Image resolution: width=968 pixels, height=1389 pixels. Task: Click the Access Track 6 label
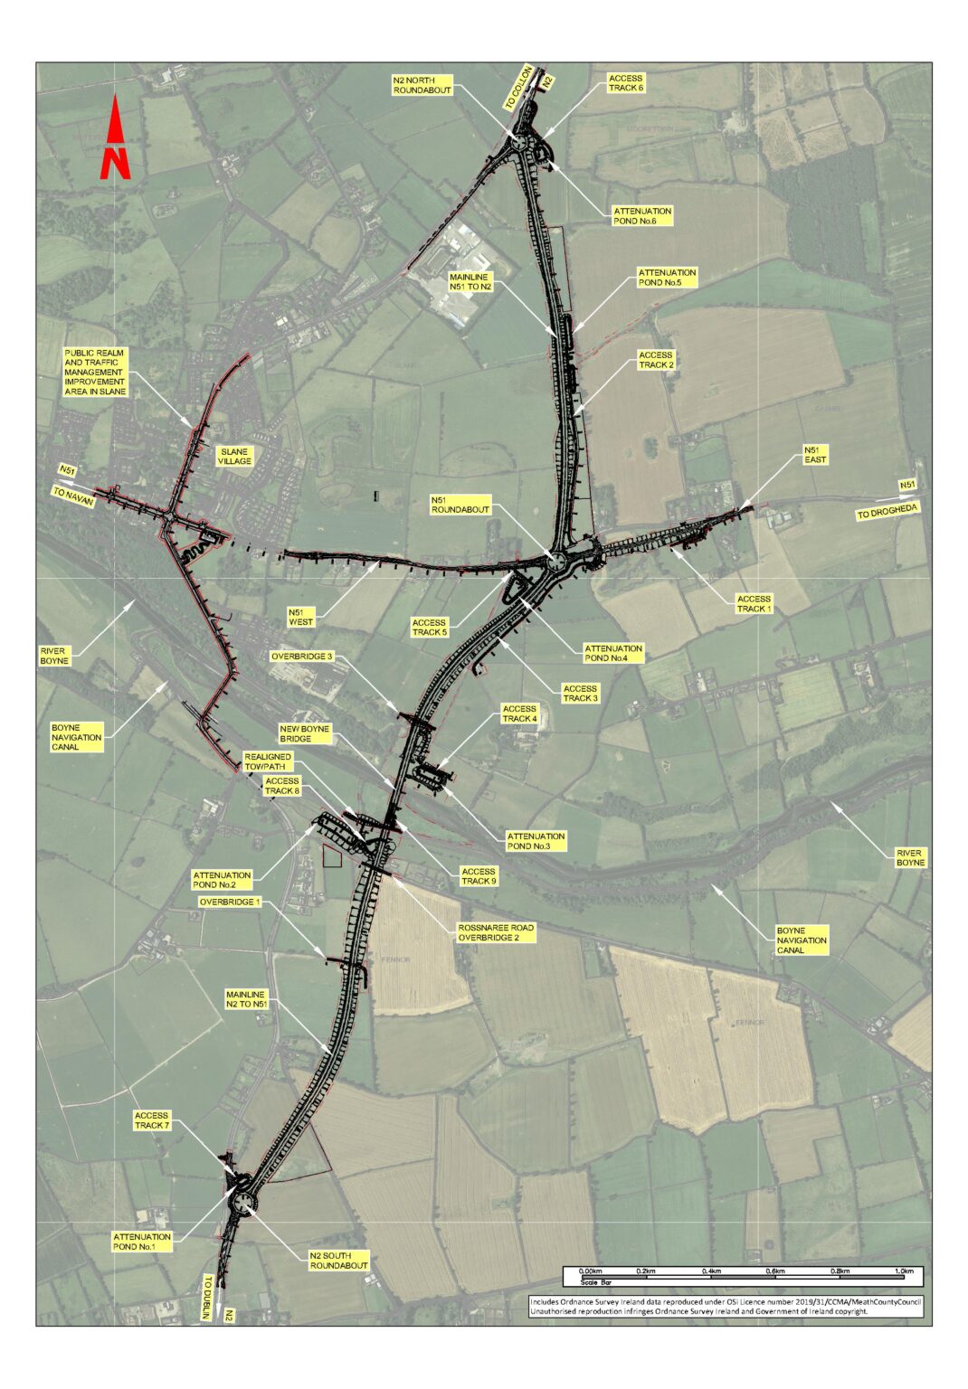tap(625, 83)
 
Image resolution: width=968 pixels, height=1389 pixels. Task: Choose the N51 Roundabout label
tap(460, 505)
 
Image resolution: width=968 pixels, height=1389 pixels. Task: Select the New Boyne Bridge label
tap(305, 733)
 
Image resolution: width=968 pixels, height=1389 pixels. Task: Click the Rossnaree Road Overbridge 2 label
tap(496, 932)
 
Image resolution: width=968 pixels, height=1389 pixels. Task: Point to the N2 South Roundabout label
tap(339, 1260)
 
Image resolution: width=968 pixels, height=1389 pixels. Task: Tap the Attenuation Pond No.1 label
tap(141, 1242)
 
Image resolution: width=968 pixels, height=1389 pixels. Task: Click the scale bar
tap(742, 1277)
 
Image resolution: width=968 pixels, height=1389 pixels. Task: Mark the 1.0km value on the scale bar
tap(903, 1271)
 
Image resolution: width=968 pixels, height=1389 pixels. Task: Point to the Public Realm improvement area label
tap(95, 372)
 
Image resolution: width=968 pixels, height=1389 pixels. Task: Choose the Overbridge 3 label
tap(302, 657)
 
